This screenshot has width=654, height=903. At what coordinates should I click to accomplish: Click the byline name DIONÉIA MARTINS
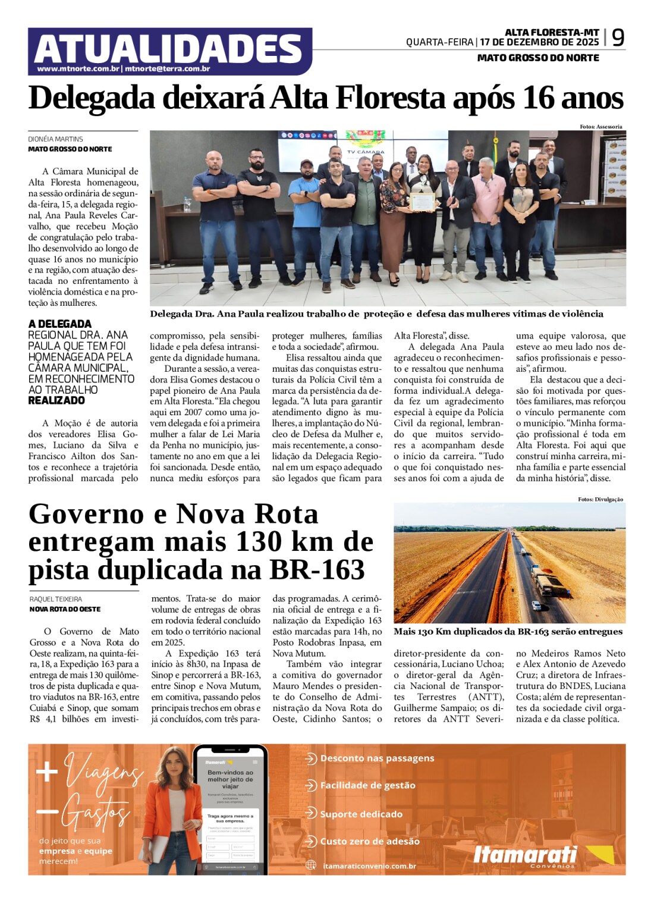coord(55,139)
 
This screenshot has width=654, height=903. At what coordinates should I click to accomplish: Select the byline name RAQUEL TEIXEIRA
coord(56,599)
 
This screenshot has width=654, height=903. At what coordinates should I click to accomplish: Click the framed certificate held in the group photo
coord(423,201)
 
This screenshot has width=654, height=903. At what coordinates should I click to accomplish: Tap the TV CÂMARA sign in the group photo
coord(366,152)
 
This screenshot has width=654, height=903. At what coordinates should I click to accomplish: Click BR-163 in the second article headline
coord(317,570)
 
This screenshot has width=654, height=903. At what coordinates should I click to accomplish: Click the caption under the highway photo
coord(508,632)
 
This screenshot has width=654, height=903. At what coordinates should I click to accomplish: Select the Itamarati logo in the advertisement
coord(526,855)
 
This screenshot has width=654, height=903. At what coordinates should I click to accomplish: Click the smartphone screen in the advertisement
coord(230,815)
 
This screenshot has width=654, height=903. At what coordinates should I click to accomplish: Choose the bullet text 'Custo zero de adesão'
coord(370,841)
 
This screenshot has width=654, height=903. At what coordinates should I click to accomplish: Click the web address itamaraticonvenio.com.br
coord(369,866)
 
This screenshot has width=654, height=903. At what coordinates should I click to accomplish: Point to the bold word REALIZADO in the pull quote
coord(56,401)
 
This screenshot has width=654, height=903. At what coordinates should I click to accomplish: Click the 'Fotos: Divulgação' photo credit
coord(600,499)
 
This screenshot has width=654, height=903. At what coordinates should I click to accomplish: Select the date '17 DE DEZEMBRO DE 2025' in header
coord(539,42)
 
